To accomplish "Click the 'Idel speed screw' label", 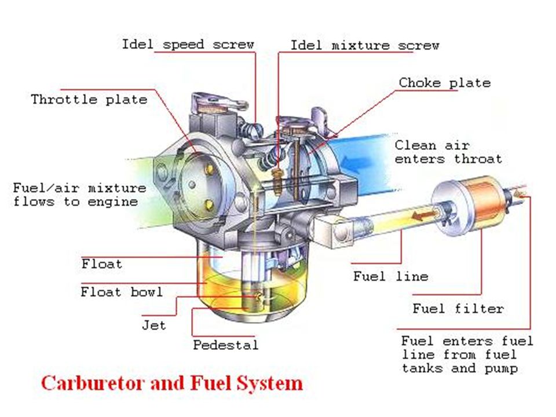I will click(x=188, y=45).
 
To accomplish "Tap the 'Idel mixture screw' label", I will click(x=364, y=45).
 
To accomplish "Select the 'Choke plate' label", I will click(x=444, y=83).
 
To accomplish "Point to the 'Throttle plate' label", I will click(x=89, y=99).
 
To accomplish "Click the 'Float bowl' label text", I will click(x=122, y=291).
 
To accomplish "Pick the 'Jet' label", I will click(x=153, y=325).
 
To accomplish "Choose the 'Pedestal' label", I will click(x=225, y=345).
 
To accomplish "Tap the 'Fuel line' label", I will click(x=390, y=276).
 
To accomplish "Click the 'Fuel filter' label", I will click(x=458, y=308).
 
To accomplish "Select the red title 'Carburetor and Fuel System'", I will click(x=172, y=383).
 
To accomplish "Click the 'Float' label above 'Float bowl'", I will click(x=102, y=264).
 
